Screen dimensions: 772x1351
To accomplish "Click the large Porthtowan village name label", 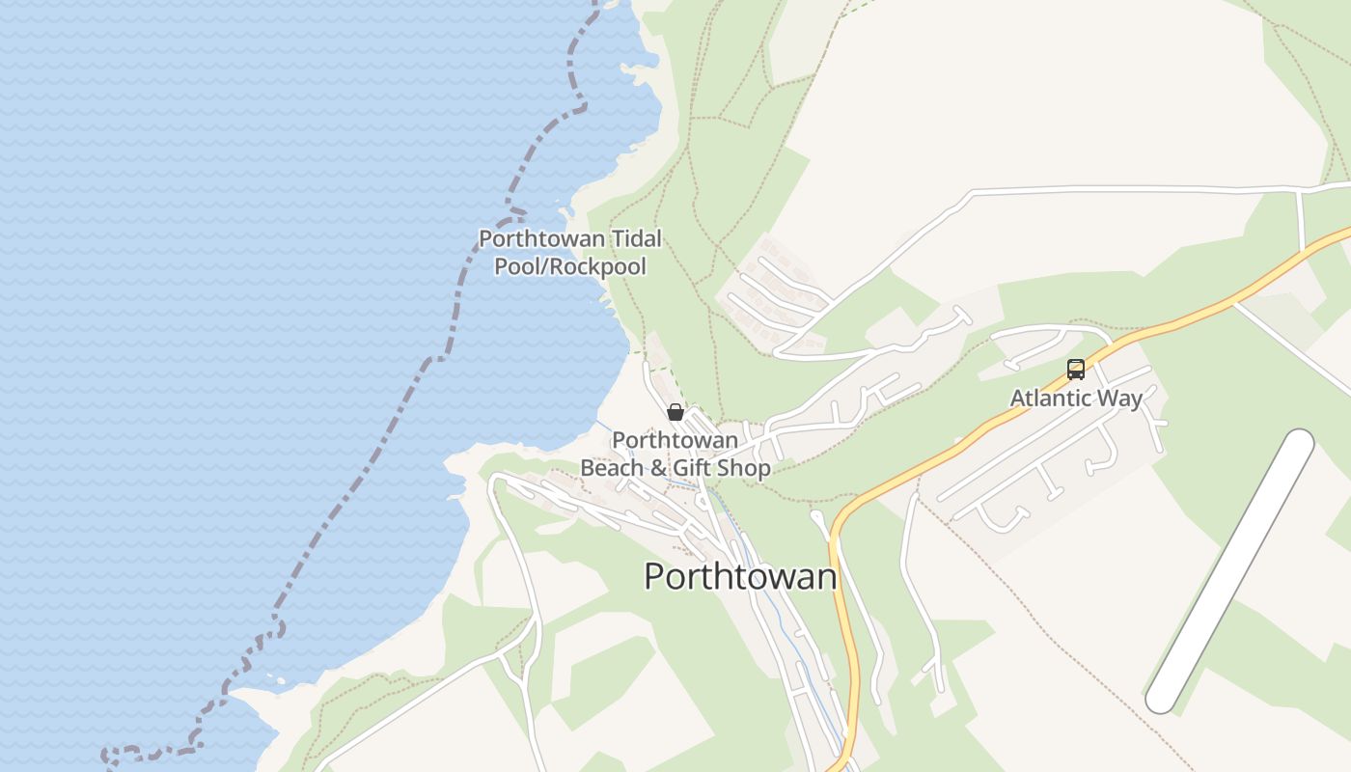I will point(740,576).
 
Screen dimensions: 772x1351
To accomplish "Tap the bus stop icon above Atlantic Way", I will point(1075,369).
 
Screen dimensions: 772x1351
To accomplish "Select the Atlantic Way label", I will point(1076,398).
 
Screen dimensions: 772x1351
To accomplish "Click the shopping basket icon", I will point(675,413).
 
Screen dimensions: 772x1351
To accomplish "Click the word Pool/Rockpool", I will point(570,266).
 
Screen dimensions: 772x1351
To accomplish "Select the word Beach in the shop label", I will point(610,469).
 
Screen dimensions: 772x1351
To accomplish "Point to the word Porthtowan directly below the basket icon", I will point(675,441).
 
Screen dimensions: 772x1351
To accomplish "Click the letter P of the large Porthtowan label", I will point(654,576).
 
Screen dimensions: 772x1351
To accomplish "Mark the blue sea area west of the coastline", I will point(193,289).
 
